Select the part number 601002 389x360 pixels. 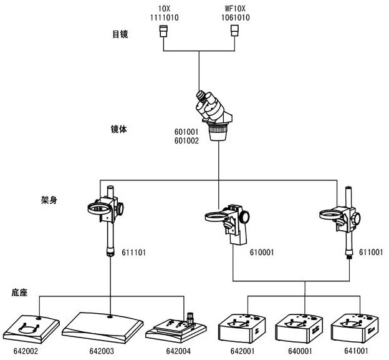[187, 141]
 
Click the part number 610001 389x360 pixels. [262, 252]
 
